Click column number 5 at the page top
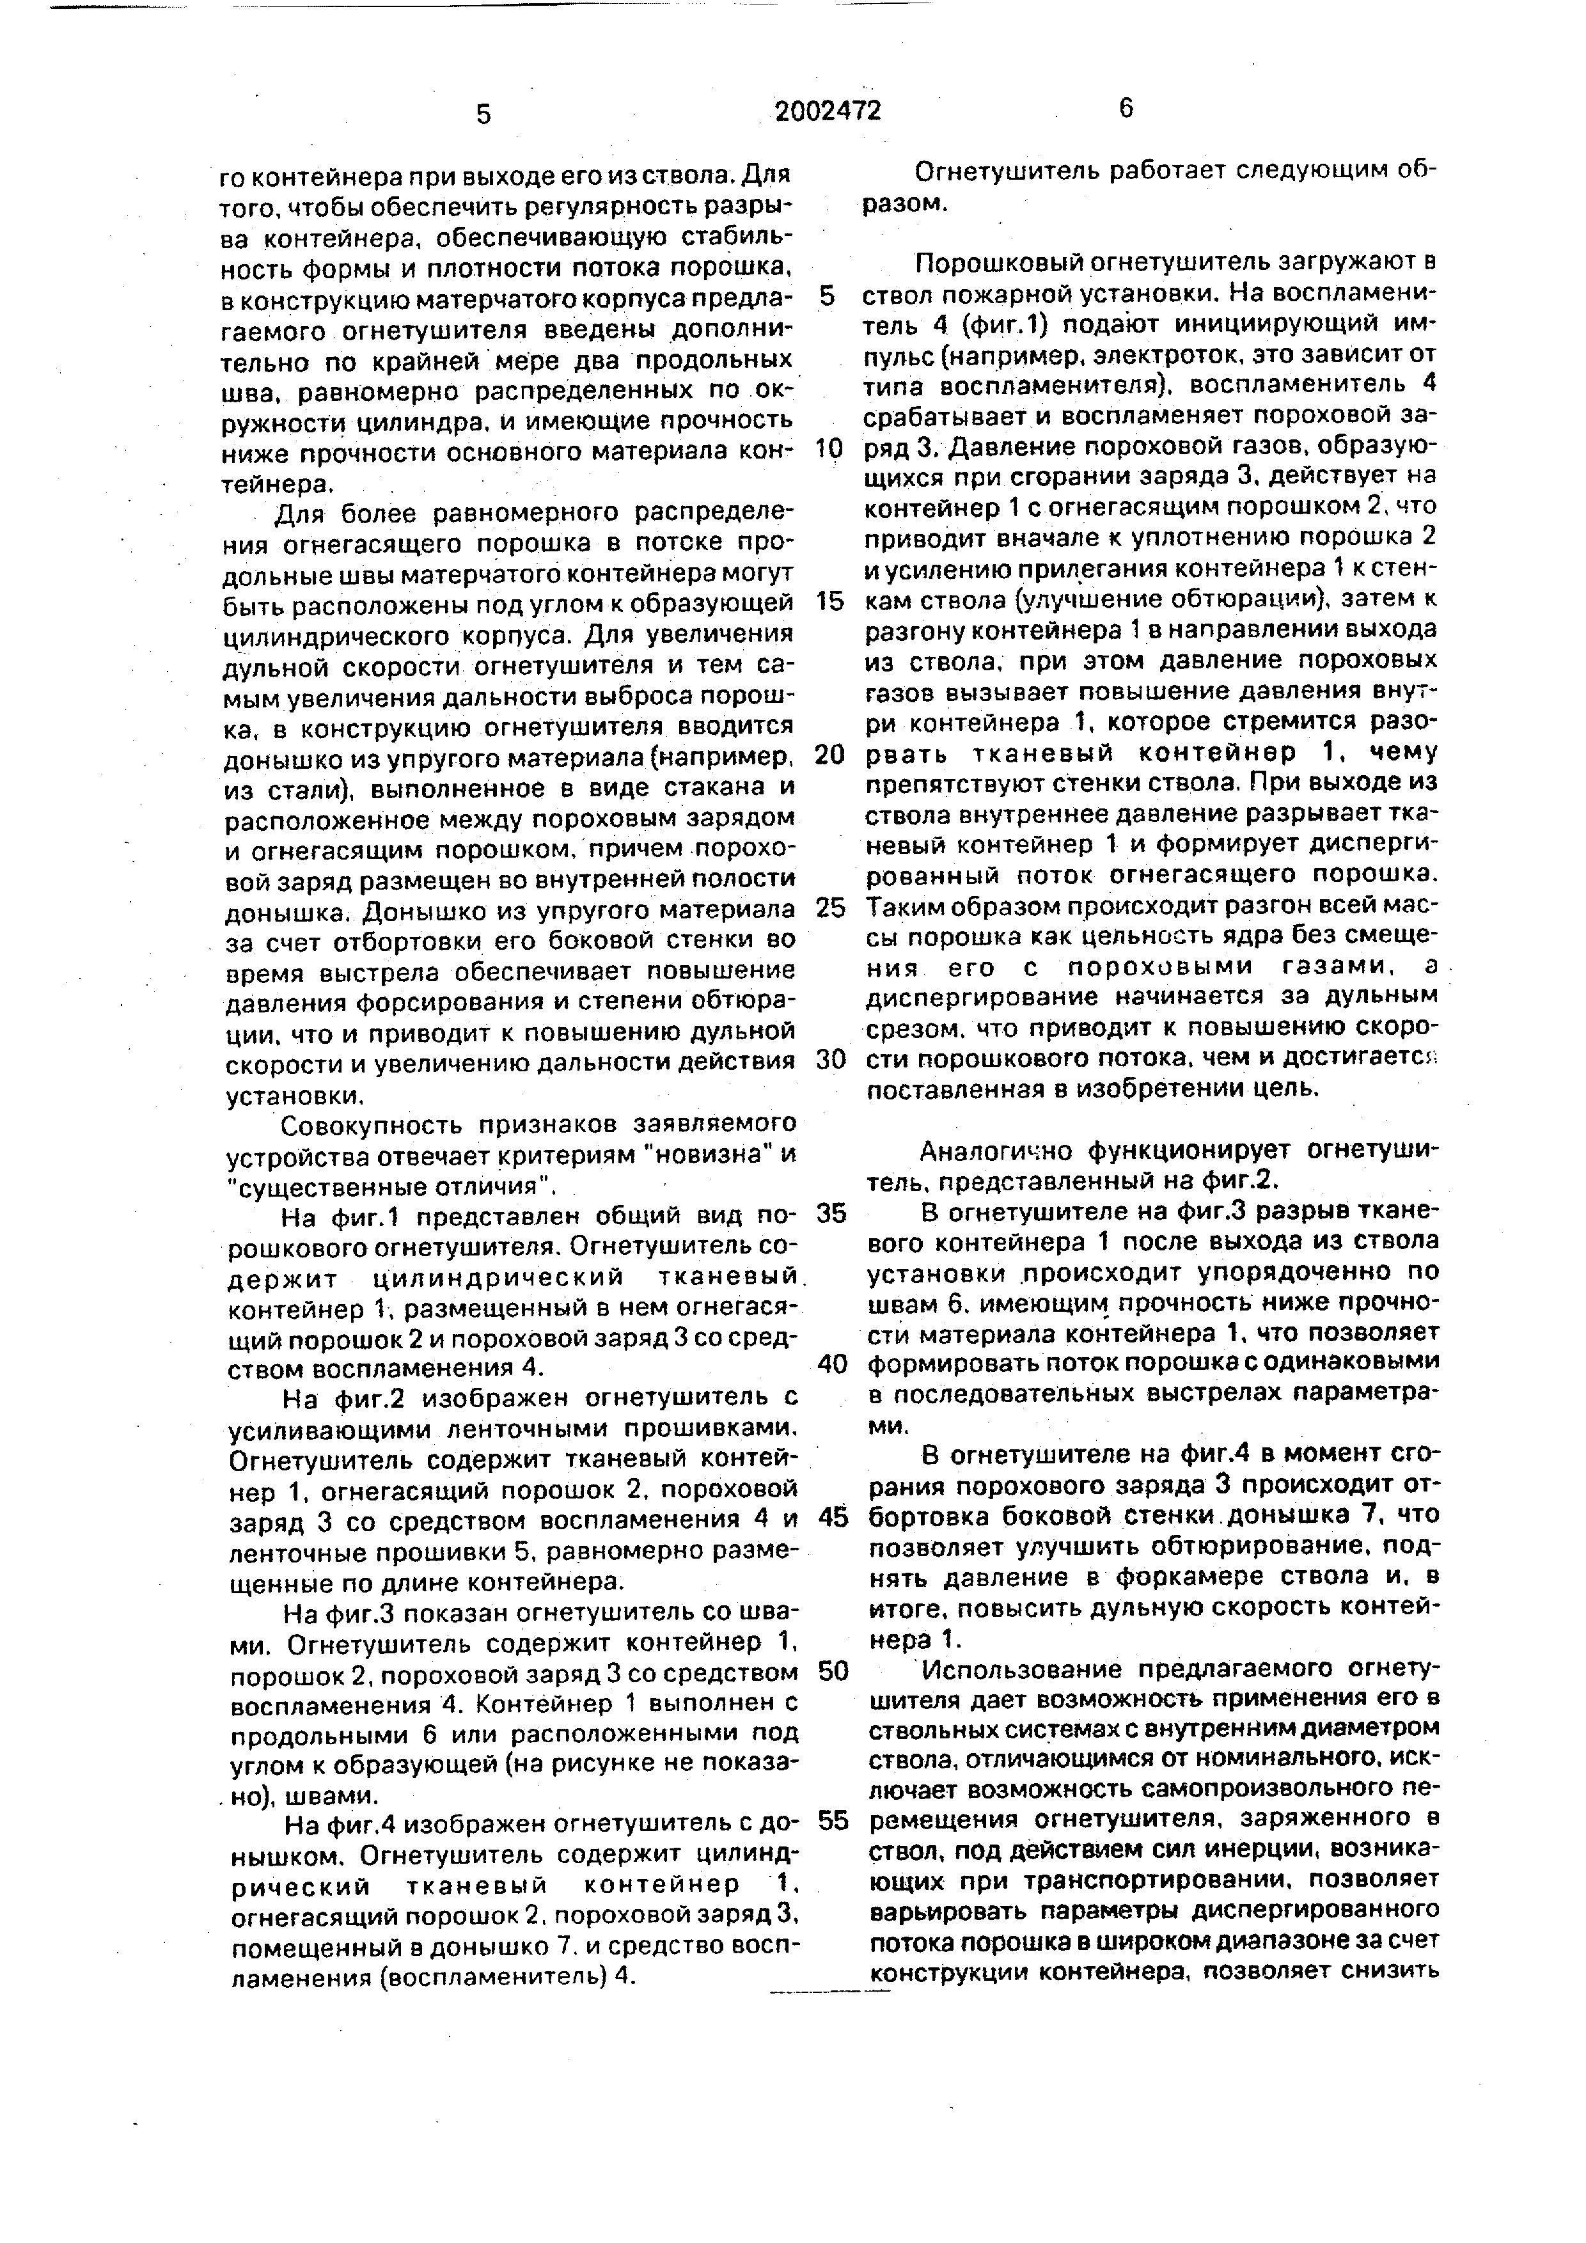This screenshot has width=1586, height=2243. tap(483, 114)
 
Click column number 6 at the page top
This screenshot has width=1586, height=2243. tap(1126, 109)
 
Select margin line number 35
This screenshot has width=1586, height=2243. tap(830, 1213)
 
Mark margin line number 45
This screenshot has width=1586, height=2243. tap(832, 1518)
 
